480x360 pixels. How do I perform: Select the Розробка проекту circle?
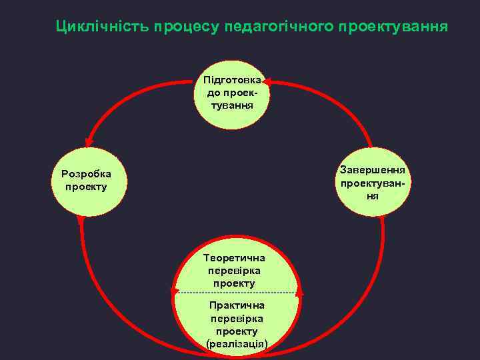click(x=86, y=181)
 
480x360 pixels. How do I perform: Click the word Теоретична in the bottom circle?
click(x=234, y=257)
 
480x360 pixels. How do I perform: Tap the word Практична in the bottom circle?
click(x=237, y=305)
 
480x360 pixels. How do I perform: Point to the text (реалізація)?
click(x=237, y=343)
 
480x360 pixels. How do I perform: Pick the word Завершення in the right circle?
click(x=377, y=169)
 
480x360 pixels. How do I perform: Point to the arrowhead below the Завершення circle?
click(x=383, y=221)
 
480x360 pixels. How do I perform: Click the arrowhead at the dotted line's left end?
click(x=175, y=291)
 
